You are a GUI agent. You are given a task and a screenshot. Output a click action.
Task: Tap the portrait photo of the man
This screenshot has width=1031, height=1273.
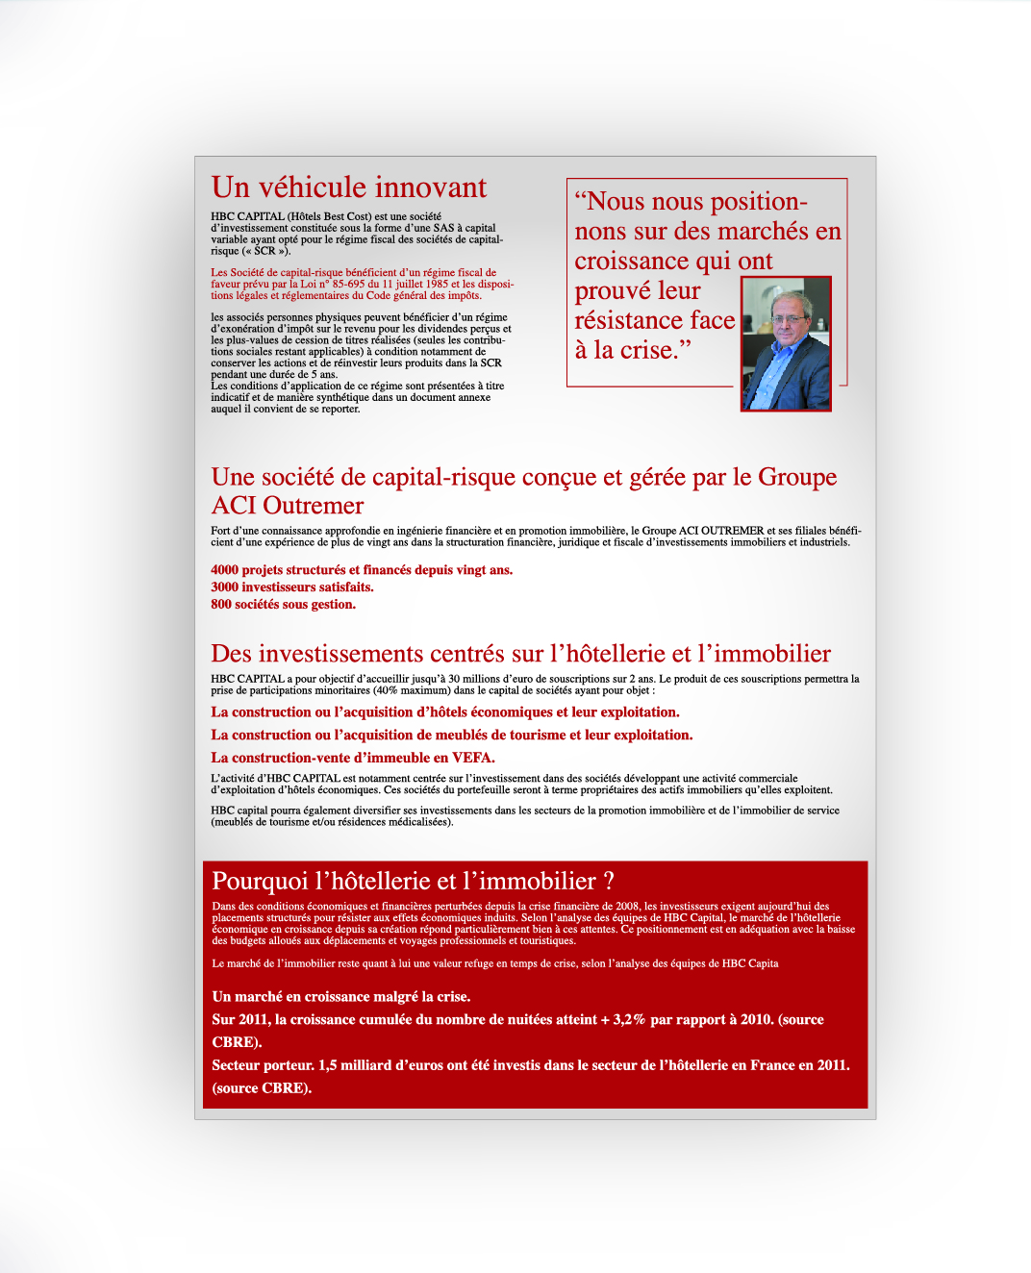(x=786, y=343)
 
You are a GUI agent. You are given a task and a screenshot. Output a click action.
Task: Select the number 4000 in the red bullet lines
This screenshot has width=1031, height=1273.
(x=225, y=570)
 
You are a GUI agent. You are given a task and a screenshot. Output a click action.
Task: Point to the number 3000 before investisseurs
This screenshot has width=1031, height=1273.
(x=225, y=587)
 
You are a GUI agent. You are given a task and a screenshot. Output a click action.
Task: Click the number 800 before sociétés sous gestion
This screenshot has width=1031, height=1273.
(x=221, y=605)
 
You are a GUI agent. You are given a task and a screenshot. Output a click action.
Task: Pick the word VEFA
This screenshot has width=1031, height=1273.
(x=473, y=758)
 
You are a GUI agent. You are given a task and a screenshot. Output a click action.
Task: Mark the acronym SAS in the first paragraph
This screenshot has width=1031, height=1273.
(x=443, y=228)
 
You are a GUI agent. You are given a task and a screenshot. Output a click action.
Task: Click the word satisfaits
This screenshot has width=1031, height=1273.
(x=346, y=587)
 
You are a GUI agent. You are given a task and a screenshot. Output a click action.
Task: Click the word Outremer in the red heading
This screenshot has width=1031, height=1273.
(x=314, y=506)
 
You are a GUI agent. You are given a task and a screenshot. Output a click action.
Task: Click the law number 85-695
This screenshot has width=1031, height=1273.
(x=348, y=284)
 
